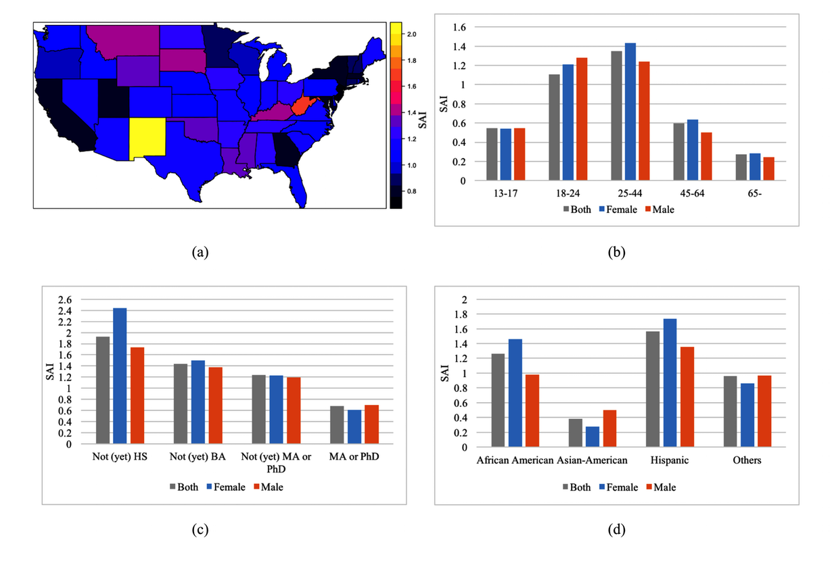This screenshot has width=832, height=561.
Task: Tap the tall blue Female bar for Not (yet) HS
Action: (120, 376)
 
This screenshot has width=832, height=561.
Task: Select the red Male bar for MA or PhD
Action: (371, 424)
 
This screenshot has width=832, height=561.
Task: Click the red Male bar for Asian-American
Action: (610, 429)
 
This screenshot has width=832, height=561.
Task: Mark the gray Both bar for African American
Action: (498, 400)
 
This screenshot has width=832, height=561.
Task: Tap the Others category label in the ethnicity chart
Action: (746, 460)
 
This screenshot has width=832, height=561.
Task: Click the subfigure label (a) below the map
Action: (200, 253)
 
